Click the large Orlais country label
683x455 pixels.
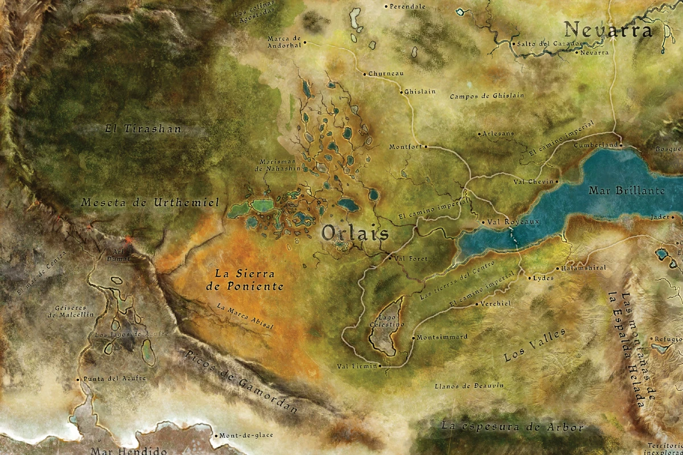(355, 233)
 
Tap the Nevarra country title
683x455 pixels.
(607, 30)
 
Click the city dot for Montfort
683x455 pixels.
(425, 146)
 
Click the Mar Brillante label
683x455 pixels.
(626, 191)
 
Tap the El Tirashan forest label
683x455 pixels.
(143, 129)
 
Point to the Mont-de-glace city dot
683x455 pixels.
(217, 436)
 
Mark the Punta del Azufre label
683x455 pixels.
(108, 379)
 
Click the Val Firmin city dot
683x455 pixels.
(380, 366)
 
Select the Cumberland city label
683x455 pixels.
(595, 145)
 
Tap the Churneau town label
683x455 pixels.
(386, 74)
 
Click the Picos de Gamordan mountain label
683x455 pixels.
(242, 380)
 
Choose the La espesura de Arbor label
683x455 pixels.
(512, 427)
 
